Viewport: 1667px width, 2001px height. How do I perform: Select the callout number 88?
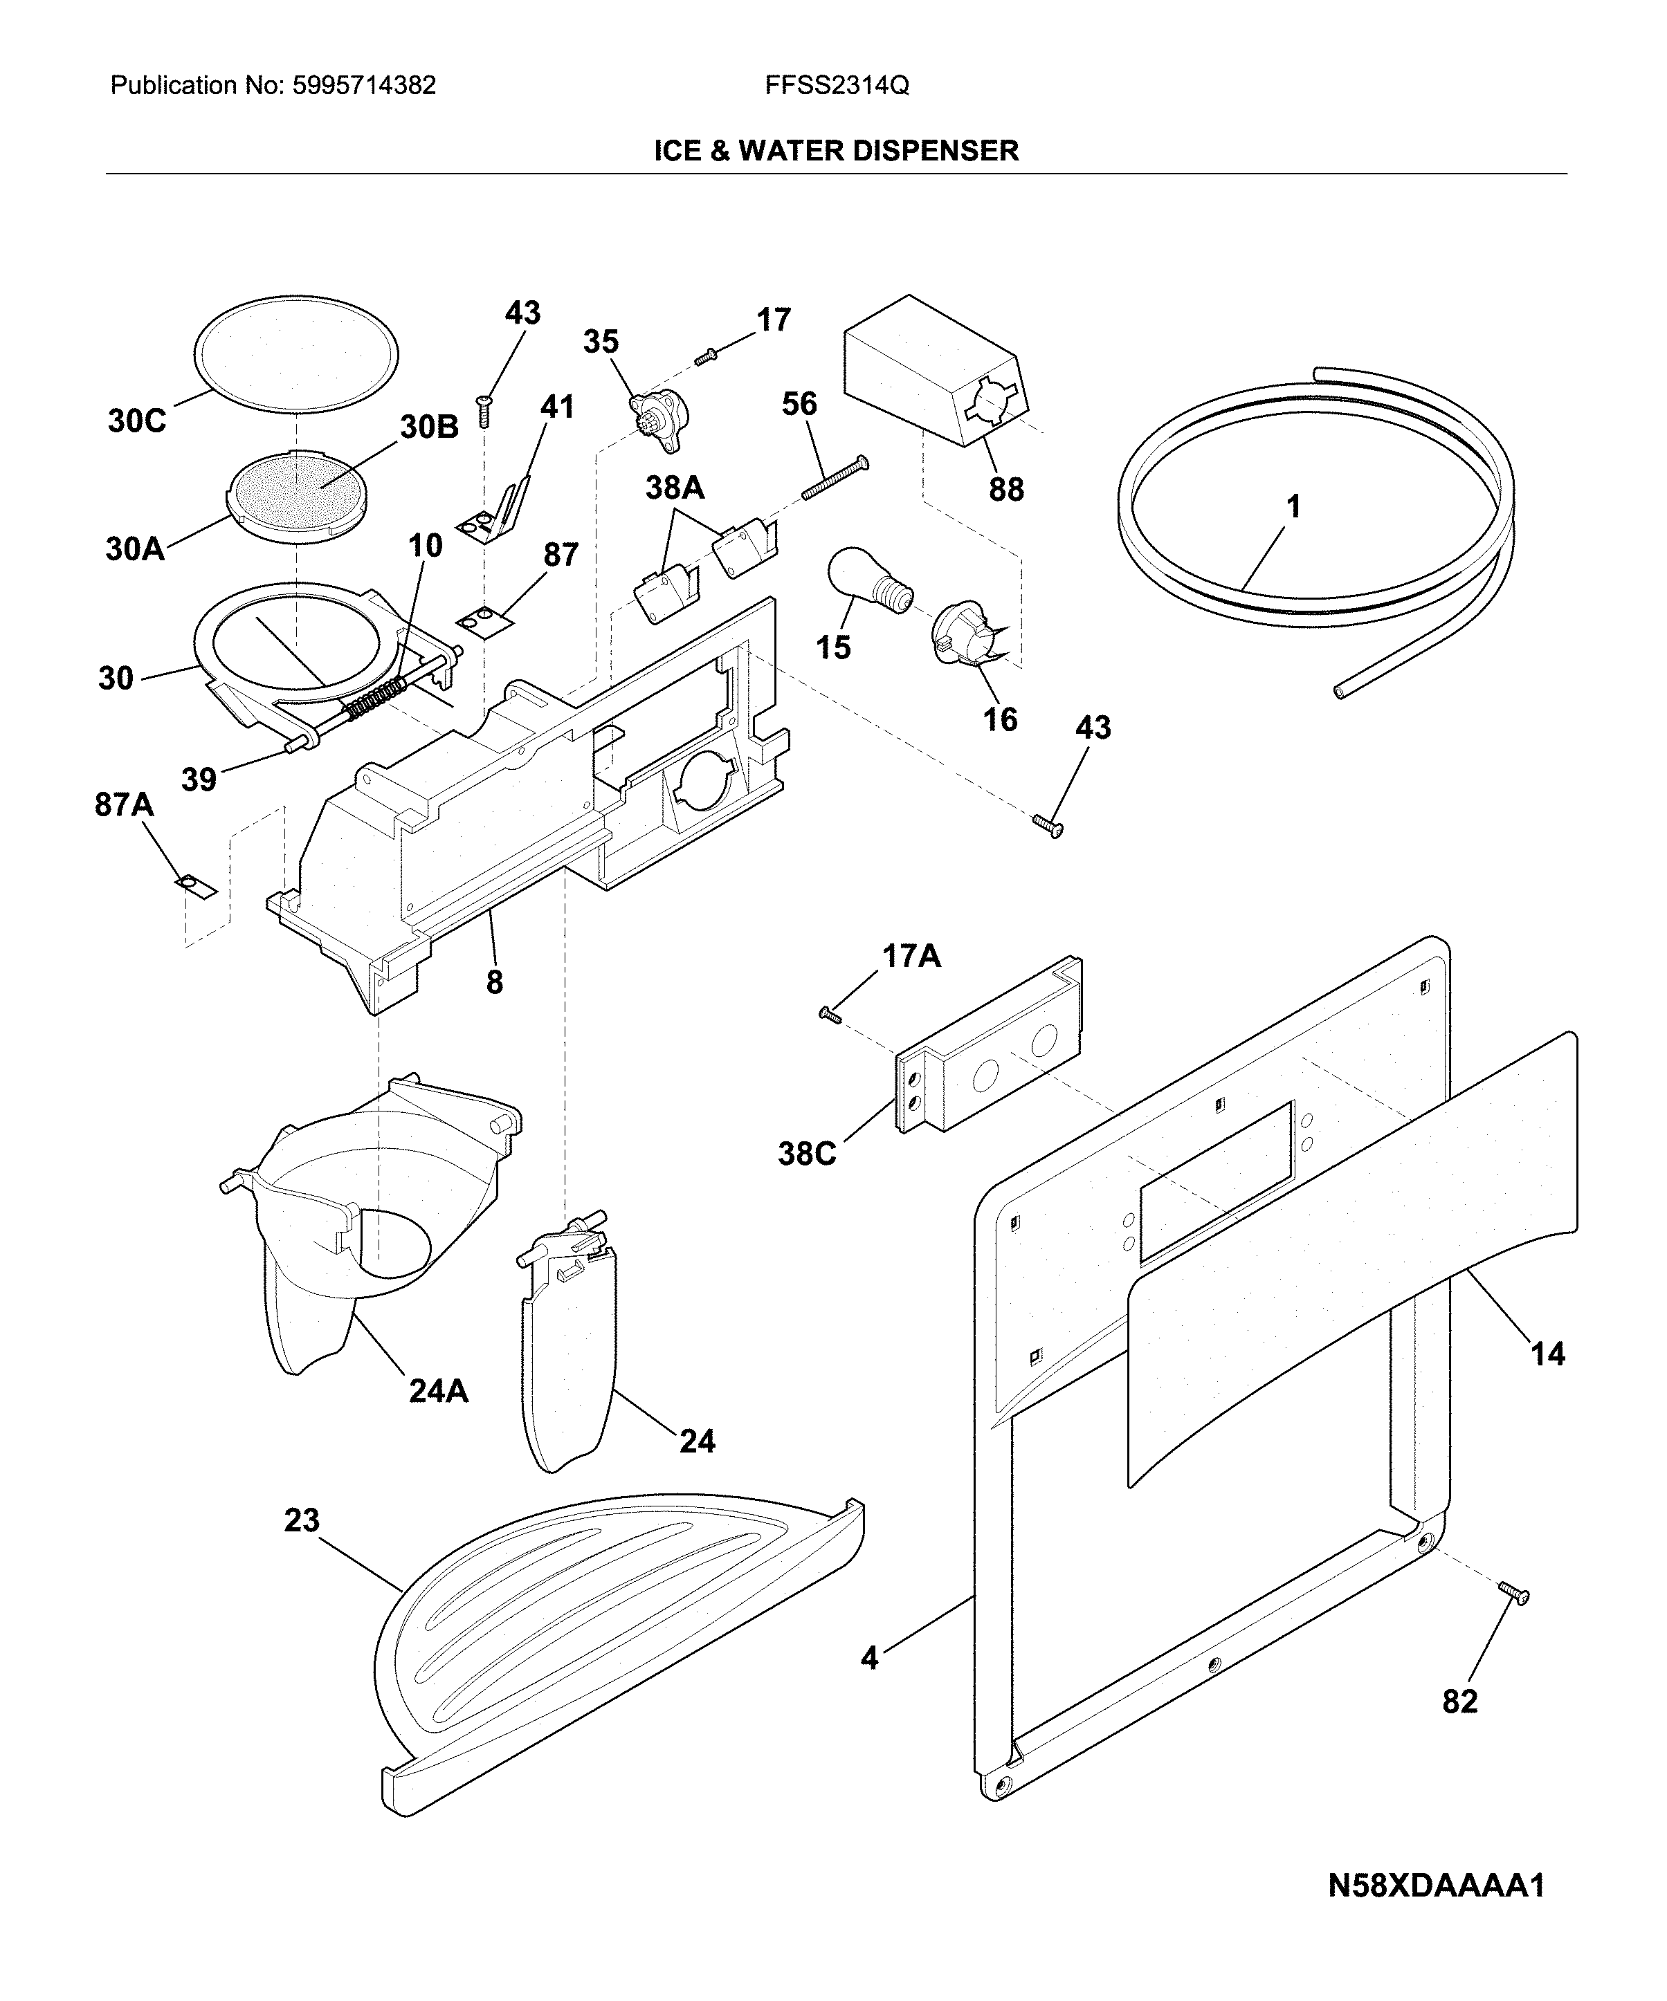point(1006,489)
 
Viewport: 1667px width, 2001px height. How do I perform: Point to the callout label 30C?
point(137,421)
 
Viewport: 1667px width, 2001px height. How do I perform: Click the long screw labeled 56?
point(835,477)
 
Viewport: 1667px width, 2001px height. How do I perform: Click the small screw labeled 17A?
point(830,1016)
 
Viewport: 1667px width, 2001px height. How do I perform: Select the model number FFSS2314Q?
point(837,86)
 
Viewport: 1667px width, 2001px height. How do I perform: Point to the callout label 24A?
point(439,1391)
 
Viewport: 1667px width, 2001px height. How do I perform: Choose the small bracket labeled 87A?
point(197,886)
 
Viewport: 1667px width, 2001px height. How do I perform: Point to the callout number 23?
point(301,1520)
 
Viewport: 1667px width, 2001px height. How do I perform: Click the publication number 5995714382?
point(364,86)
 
